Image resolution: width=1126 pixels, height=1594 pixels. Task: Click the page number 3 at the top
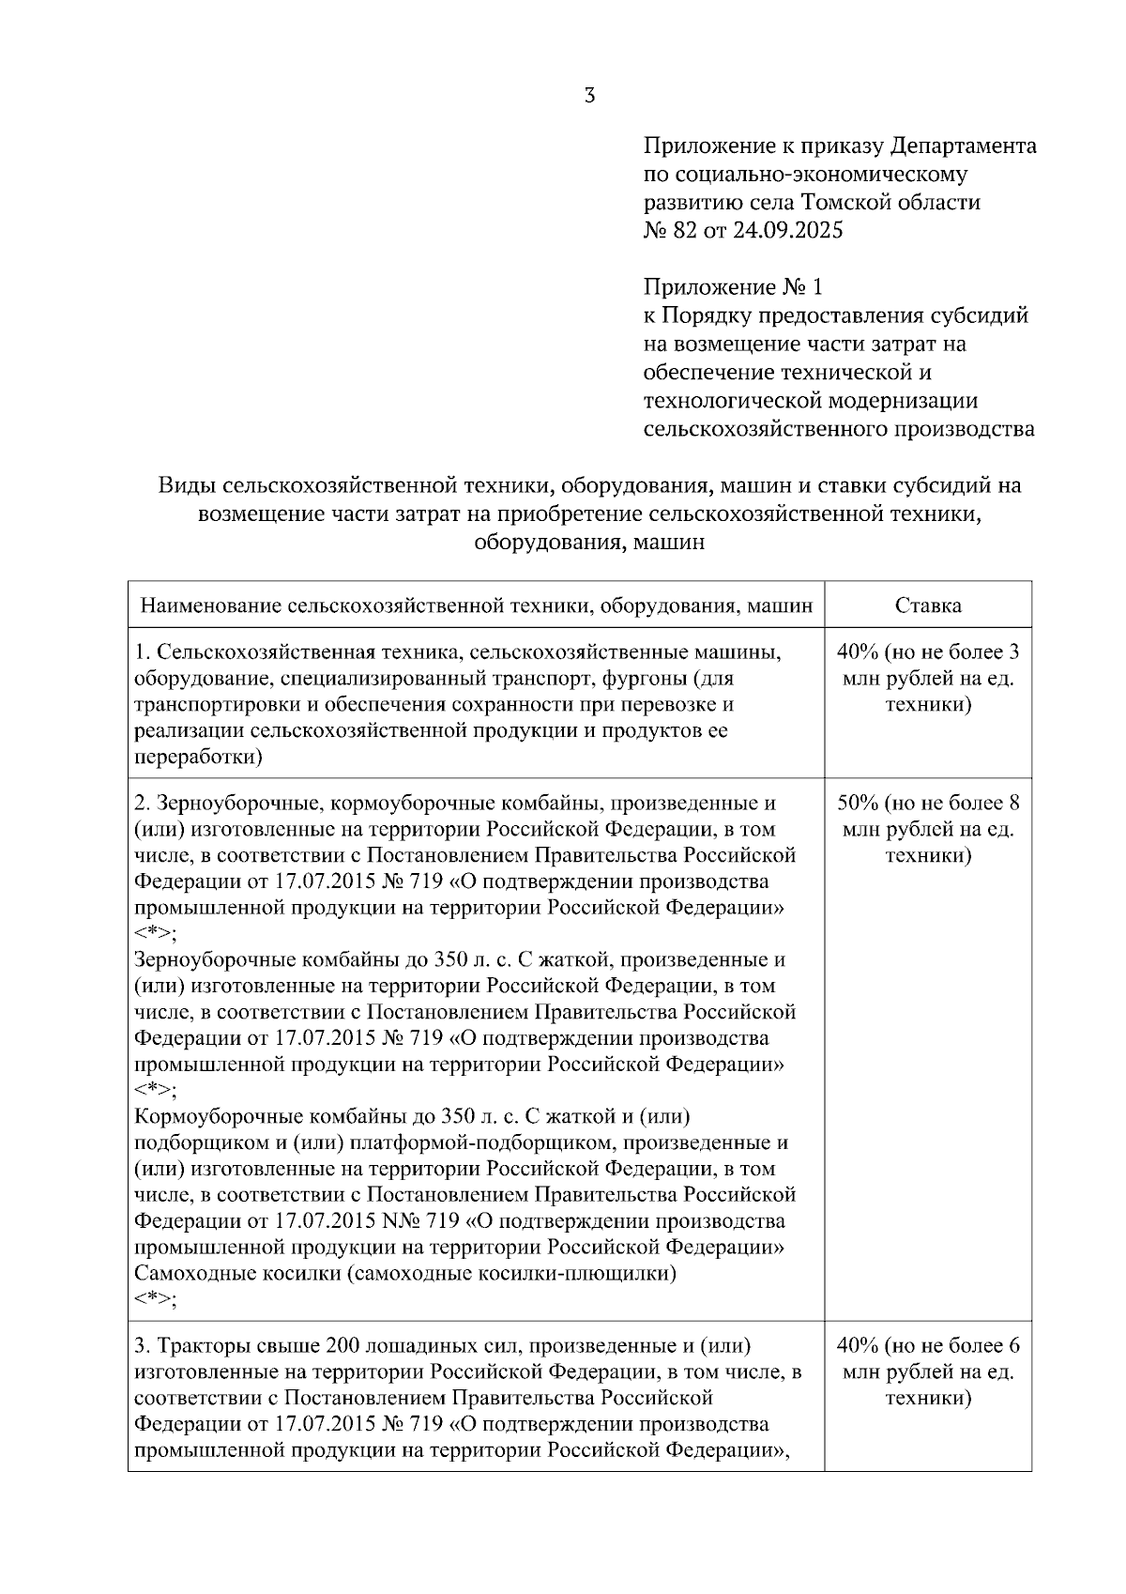click(589, 95)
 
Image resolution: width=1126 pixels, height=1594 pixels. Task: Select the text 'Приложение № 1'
click(732, 286)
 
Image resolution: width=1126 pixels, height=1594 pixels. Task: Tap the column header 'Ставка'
click(927, 605)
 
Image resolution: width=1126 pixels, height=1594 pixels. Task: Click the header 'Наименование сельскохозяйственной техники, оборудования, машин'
click(476, 605)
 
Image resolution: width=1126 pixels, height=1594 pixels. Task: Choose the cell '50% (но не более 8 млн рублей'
click(927, 829)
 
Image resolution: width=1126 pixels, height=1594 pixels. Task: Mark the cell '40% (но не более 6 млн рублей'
click(927, 1372)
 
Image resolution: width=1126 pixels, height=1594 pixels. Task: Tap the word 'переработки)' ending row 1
click(198, 757)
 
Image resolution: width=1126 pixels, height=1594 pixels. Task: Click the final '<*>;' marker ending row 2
click(156, 1299)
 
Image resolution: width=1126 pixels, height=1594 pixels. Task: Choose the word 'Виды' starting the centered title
click(180, 485)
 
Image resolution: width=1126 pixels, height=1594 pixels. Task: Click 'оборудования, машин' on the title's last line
click(589, 542)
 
